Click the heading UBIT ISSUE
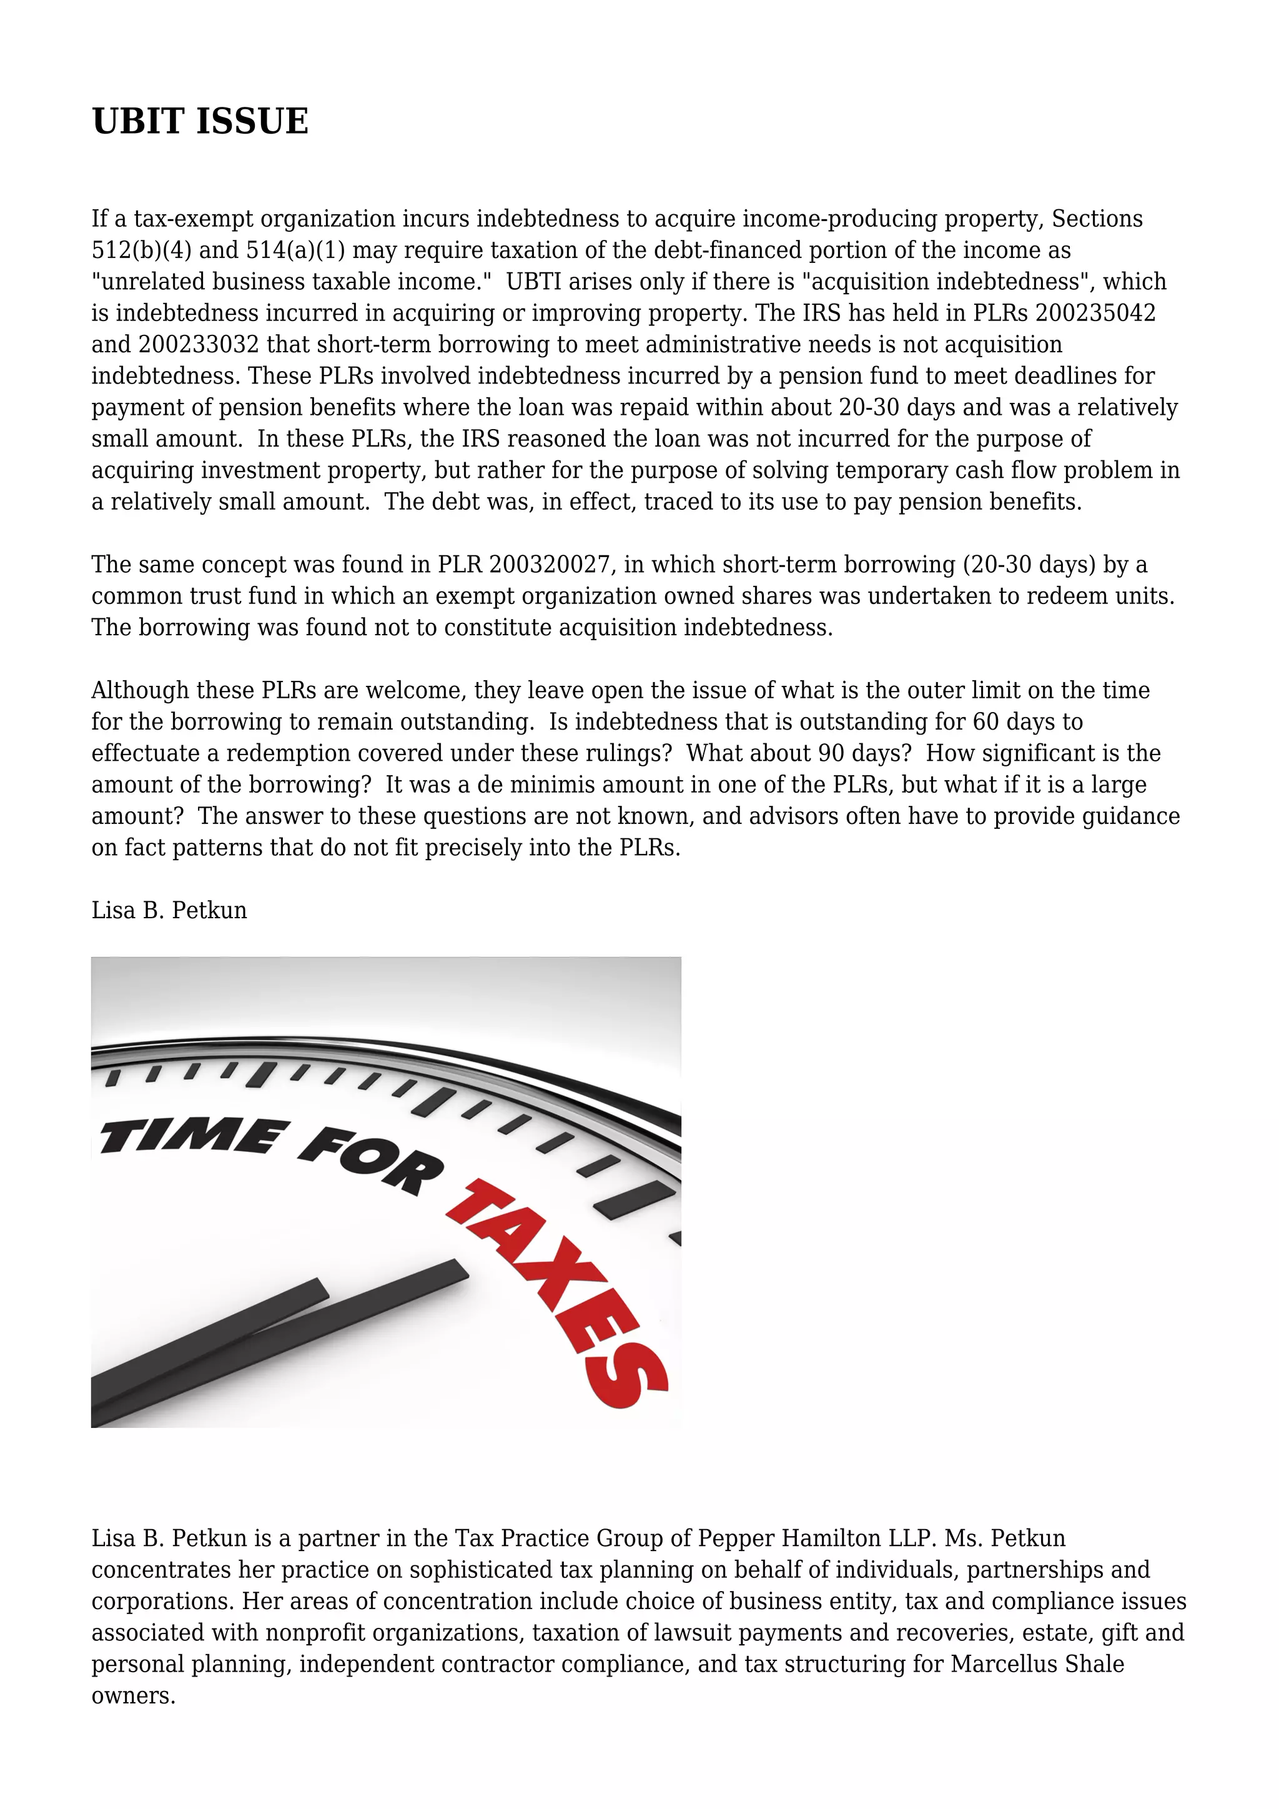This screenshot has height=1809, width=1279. (x=200, y=121)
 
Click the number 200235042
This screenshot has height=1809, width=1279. (x=1095, y=313)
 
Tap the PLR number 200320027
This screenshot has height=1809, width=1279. (x=550, y=564)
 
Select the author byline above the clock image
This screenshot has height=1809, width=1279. (x=169, y=910)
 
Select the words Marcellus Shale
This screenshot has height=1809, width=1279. (x=1037, y=1663)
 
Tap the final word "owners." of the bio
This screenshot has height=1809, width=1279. (x=134, y=1695)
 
